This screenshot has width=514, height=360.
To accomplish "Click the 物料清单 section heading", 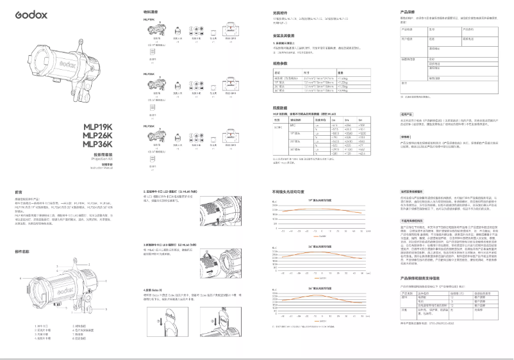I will [151, 12].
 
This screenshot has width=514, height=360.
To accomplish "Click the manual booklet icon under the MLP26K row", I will [153, 108].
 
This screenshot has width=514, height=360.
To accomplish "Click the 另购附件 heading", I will [281, 12].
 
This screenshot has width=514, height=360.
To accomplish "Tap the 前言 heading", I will [19, 191].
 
